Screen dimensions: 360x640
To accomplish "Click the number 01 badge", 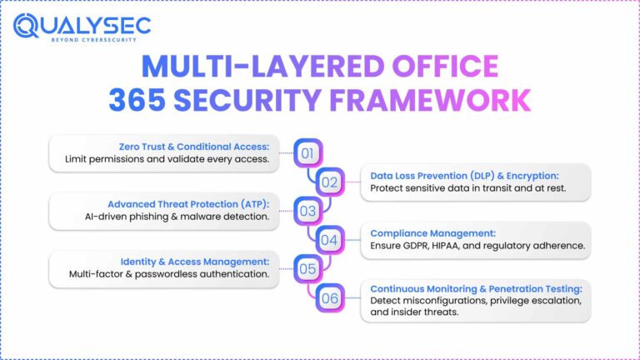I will tap(307, 152).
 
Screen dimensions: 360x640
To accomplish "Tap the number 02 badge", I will tap(330, 182).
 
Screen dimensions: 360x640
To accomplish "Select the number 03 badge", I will tap(307, 211).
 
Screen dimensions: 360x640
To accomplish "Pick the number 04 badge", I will tap(330, 240).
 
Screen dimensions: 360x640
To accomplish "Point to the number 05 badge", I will tap(307, 269).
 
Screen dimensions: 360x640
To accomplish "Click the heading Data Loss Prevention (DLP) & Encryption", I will tap(475, 175).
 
